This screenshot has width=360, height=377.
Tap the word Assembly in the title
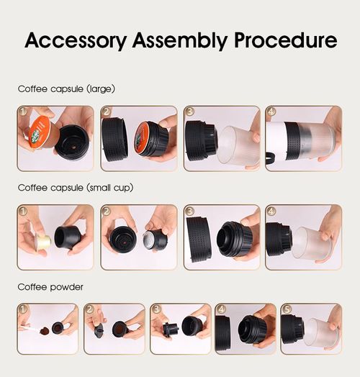click(x=177, y=40)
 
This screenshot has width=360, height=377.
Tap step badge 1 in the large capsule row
click(x=23, y=113)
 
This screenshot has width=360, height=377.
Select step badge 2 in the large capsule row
click(x=107, y=113)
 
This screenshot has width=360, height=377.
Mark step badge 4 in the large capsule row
click(x=271, y=113)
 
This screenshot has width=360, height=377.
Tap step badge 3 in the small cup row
click(x=189, y=212)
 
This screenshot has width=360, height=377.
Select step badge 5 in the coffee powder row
click(x=285, y=309)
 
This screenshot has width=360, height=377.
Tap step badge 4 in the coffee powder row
click(x=221, y=309)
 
